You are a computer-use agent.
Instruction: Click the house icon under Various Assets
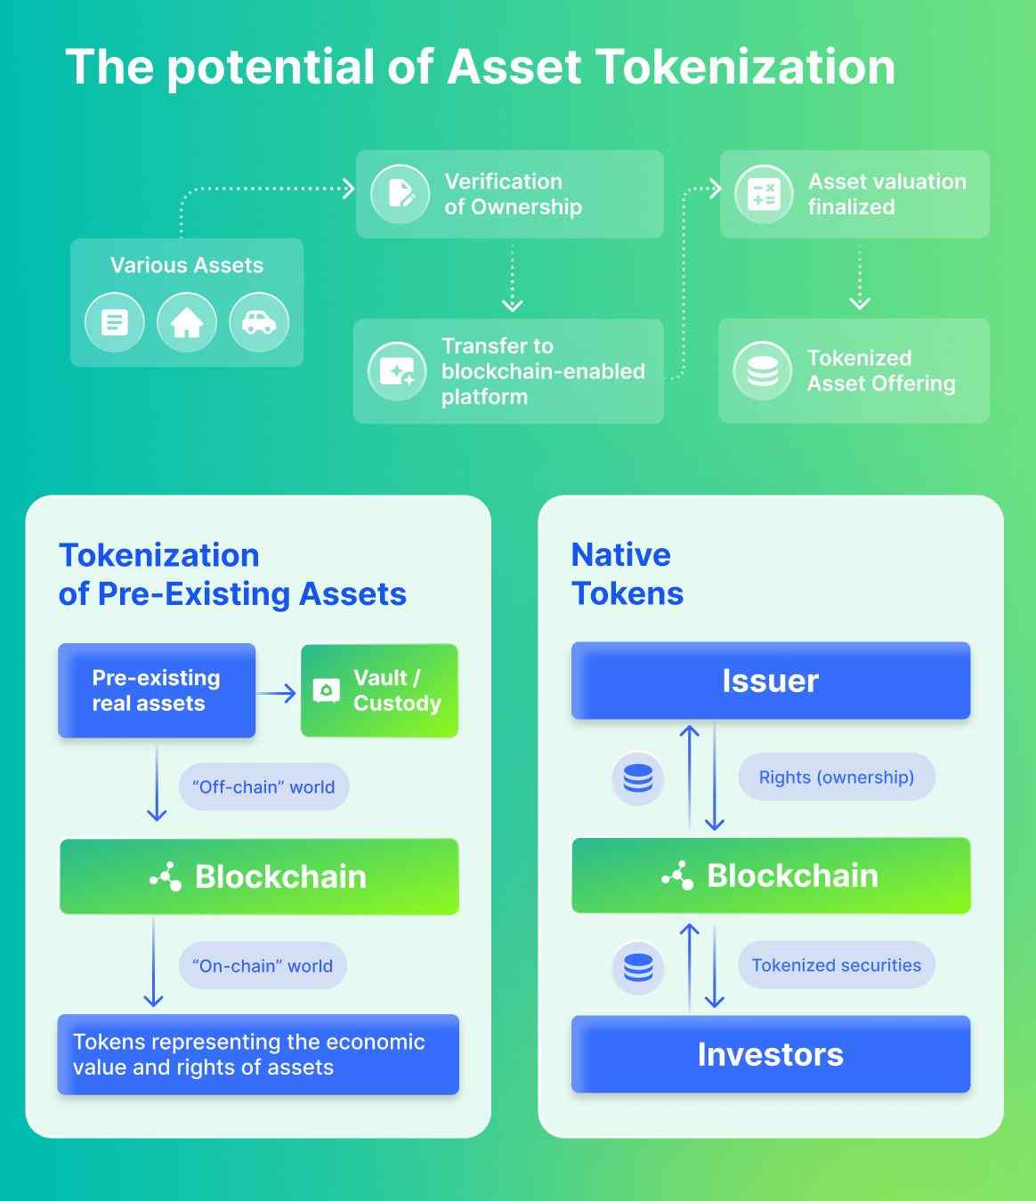187,322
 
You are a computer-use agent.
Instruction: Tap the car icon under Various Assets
259,322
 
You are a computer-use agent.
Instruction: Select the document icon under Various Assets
115,322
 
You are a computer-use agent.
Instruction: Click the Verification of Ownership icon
400,194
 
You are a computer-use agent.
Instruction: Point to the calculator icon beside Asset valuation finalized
764,194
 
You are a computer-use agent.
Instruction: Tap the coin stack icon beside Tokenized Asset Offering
763,371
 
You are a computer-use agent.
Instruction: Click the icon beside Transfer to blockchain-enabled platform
398,371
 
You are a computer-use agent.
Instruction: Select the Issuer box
771,681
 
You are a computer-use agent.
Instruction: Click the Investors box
771,1054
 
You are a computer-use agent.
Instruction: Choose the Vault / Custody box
380,691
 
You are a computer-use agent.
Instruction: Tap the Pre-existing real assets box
157,691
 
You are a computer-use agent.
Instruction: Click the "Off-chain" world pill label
264,786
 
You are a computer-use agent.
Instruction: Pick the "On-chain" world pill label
263,965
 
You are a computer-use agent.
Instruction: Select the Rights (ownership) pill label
837,777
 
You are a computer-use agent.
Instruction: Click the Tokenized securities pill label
837,965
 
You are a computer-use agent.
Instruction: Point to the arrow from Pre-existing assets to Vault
277,693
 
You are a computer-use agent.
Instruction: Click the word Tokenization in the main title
747,67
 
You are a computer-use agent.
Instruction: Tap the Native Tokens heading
627,574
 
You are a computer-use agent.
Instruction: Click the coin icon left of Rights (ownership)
638,778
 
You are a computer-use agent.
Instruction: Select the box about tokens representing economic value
258,1054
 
